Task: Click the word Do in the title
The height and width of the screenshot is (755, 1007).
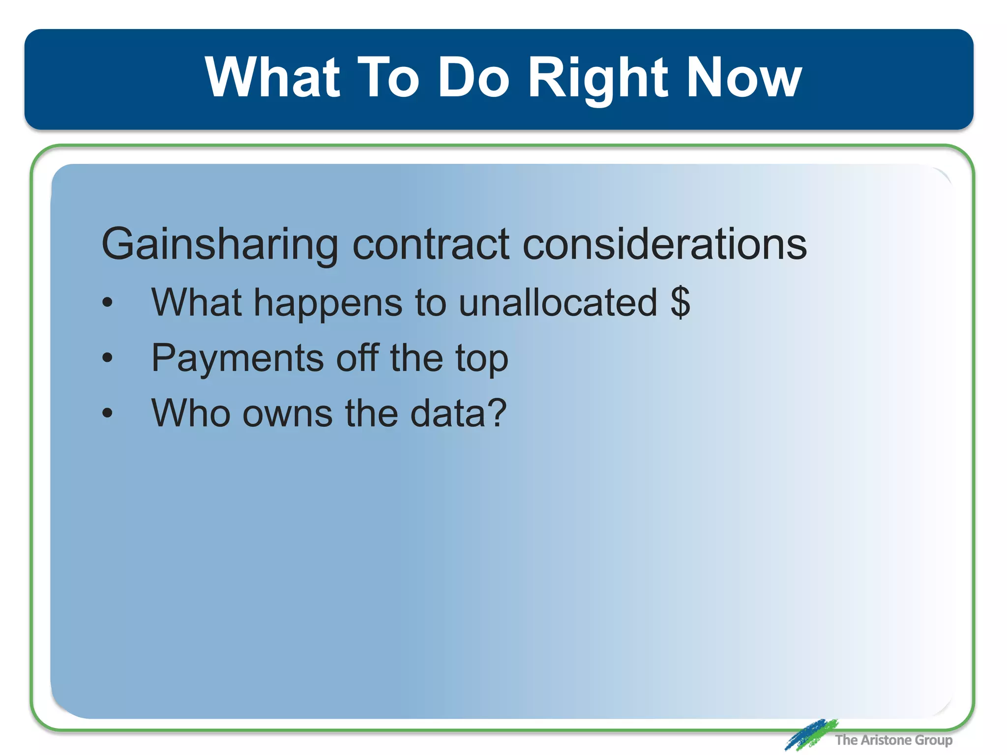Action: pyautogui.click(x=474, y=77)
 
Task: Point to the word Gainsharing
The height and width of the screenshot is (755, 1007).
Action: pyautogui.click(x=219, y=244)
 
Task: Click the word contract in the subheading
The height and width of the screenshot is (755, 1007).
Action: pyautogui.click(x=431, y=244)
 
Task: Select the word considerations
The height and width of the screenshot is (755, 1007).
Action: pyautogui.click(x=664, y=244)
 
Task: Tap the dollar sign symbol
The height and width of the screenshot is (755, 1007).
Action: pyautogui.click(x=681, y=302)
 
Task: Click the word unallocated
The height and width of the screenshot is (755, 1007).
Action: pyautogui.click(x=558, y=302)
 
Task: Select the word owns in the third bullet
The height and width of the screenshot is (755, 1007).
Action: pyautogui.click(x=287, y=413)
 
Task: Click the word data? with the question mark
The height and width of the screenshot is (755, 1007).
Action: pyautogui.click(x=458, y=413)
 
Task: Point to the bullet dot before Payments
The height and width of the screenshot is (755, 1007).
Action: pyautogui.click(x=107, y=358)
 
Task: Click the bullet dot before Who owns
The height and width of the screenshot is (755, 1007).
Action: pyautogui.click(x=107, y=413)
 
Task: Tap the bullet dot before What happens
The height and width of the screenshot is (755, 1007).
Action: pyautogui.click(x=107, y=303)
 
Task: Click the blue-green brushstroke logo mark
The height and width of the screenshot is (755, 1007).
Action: pyautogui.click(x=810, y=734)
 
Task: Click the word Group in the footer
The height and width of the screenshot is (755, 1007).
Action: pyautogui.click(x=934, y=740)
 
